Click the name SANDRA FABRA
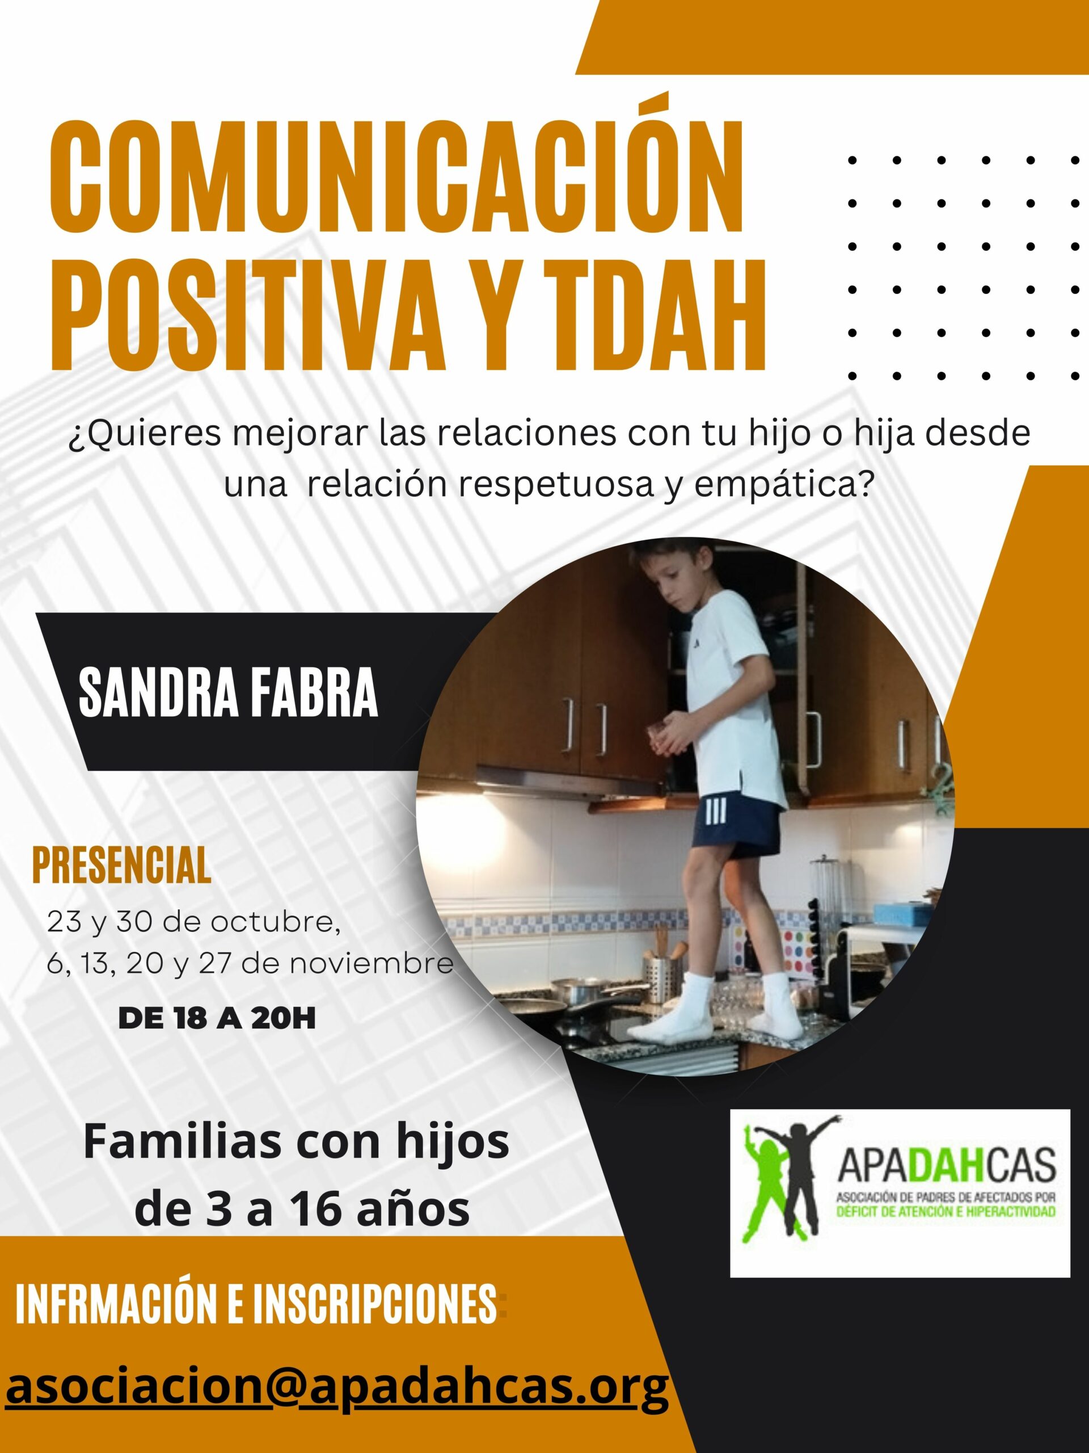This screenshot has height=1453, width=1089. pyautogui.click(x=228, y=692)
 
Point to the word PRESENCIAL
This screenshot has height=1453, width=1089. pyautogui.click(x=121, y=865)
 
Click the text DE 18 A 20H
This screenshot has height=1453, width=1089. pyautogui.click(x=217, y=1018)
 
